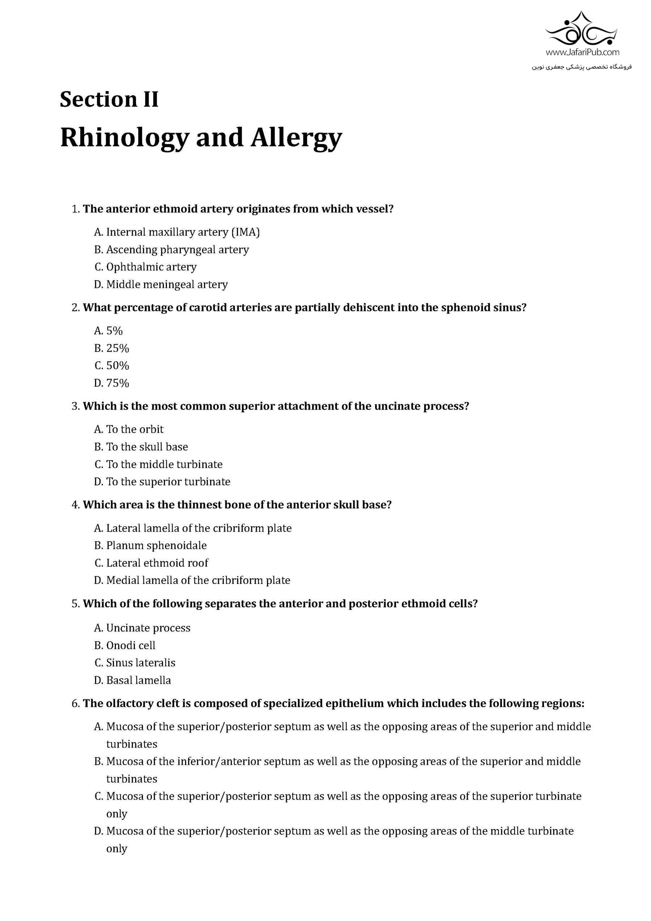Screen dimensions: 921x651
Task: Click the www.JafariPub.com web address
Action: [x=582, y=52]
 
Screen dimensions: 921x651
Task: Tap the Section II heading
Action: [x=109, y=99]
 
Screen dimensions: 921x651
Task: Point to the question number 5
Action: [x=76, y=604]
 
